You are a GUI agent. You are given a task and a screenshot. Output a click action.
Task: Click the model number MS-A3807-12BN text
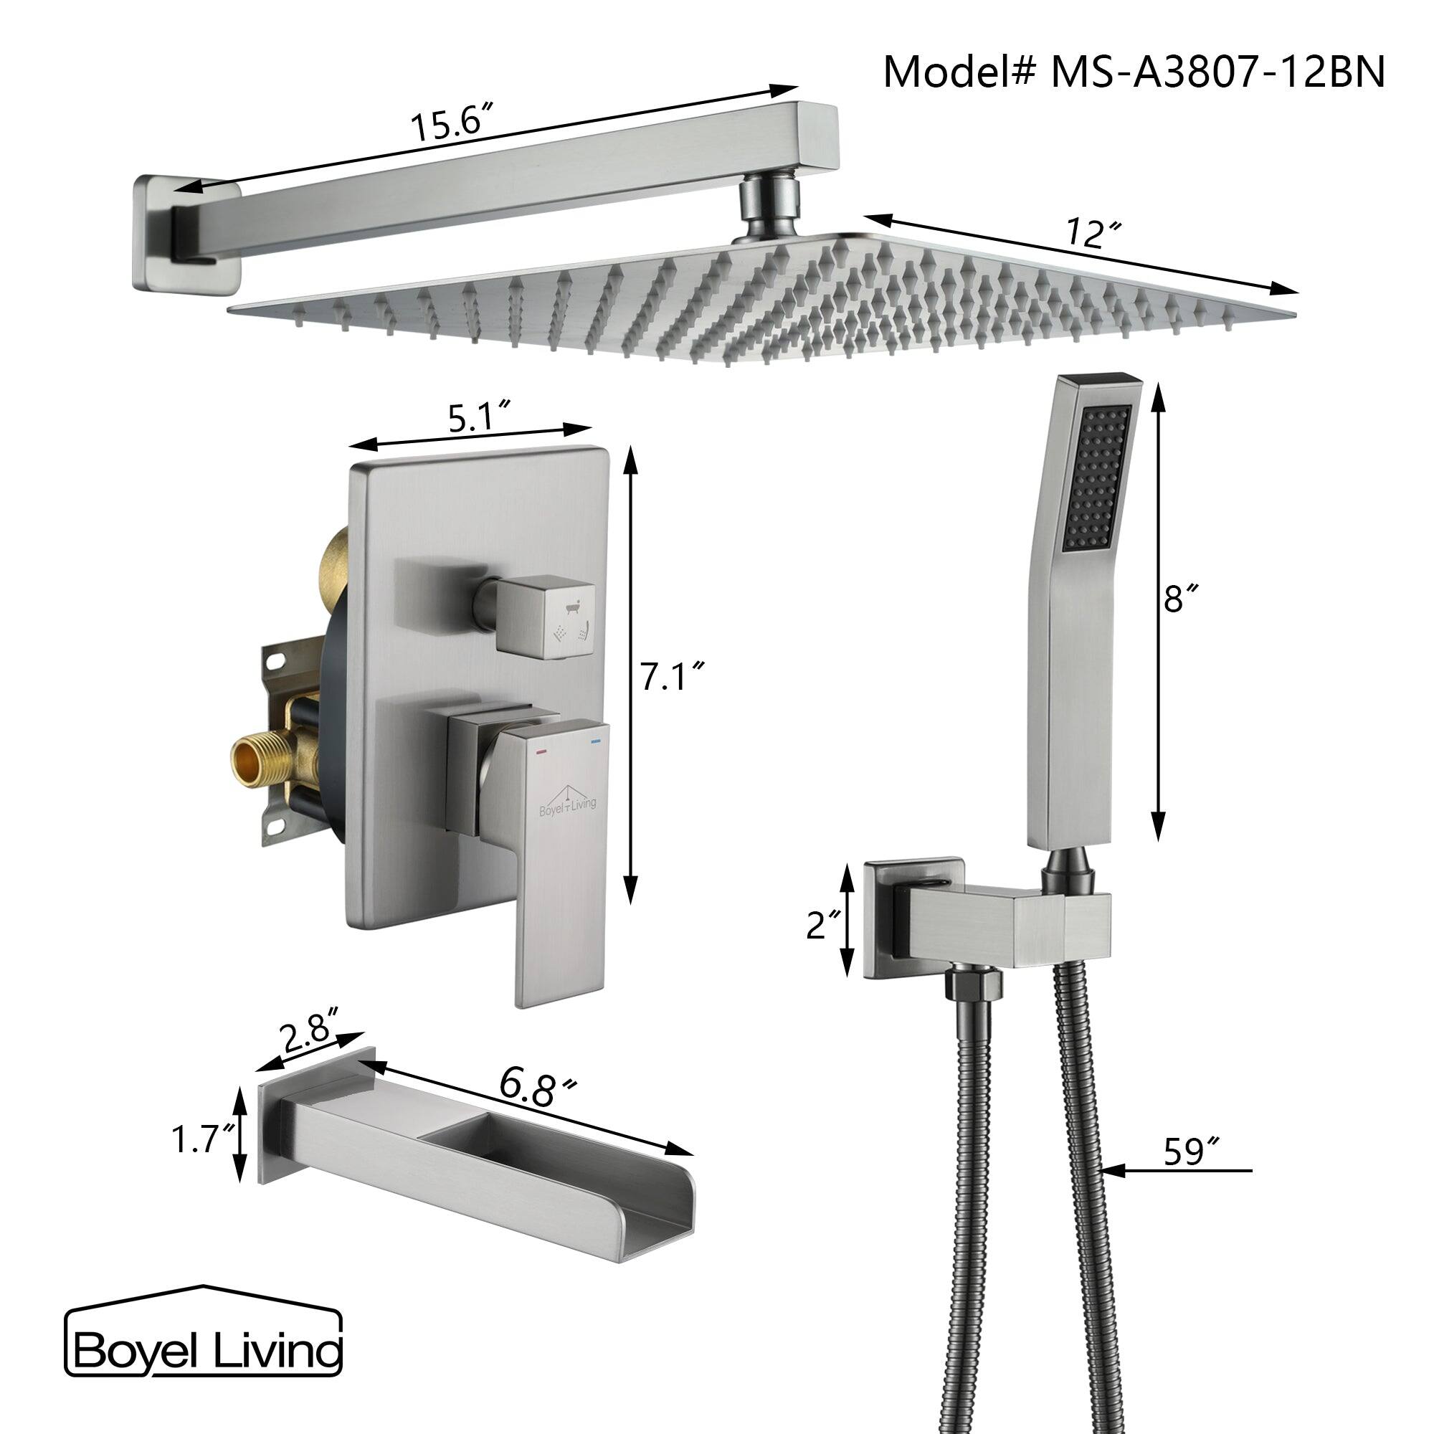click(1134, 72)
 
